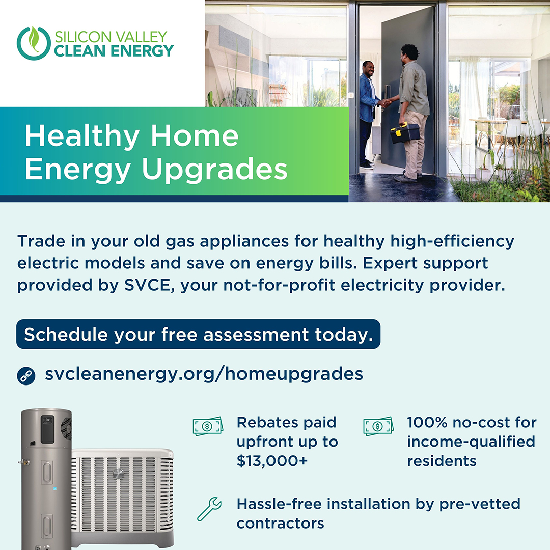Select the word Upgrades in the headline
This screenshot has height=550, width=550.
tap(214, 170)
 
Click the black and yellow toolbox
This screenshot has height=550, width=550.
tap(405, 133)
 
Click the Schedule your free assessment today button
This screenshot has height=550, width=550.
tap(199, 335)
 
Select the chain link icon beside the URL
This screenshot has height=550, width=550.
tap(25, 375)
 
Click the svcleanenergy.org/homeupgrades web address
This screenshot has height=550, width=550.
tap(204, 374)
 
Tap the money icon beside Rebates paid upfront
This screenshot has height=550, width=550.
tap(208, 426)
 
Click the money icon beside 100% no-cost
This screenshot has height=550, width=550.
tap(378, 426)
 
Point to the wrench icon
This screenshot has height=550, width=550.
tap(209, 510)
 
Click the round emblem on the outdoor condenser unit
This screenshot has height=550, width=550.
tap(118, 474)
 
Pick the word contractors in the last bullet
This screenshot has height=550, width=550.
tap(280, 523)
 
